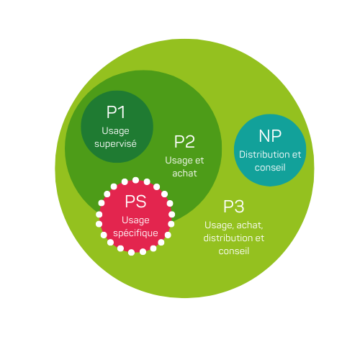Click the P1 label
coord(116,112)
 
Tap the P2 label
coord(184,142)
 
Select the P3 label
coord(233,207)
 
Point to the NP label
coord(270,136)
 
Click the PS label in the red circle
coord(135,202)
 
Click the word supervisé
coord(116,144)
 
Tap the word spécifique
coord(135,233)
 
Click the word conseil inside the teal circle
coord(270,168)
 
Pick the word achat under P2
coord(184,173)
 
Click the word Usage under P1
coord(116,131)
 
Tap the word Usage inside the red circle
coord(135,220)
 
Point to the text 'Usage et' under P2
coord(184,160)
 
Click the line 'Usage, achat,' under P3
coord(234,225)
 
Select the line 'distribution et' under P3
coord(234,238)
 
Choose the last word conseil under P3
coord(234,251)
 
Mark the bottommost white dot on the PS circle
coord(132,252)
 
